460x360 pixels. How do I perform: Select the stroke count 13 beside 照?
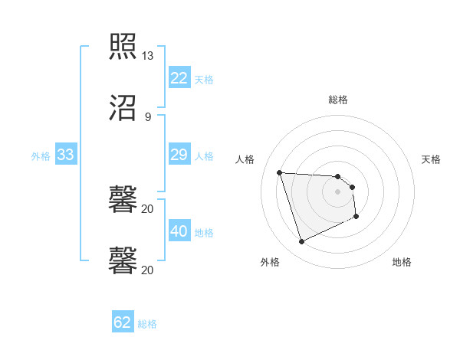pos(148,56)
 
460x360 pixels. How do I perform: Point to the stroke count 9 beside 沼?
pos(148,116)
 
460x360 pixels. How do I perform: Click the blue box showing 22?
pos(179,77)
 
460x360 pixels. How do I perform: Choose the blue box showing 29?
pos(179,155)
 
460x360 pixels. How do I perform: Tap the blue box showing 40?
pos(179,231)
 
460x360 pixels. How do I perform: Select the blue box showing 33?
pos(65,155)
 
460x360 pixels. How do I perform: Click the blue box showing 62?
pos(123,322)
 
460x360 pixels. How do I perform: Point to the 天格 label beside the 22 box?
pos(203,79)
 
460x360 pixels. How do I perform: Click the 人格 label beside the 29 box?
pos(203,156)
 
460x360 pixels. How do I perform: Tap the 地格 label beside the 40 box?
pos(203,232)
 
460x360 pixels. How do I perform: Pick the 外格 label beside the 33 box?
pos(41,156)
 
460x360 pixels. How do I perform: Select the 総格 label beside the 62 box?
pos(147,323)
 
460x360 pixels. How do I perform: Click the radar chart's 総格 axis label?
pos(338,100)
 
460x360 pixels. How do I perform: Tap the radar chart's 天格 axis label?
pos(431,159)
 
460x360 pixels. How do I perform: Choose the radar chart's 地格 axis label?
pos(402,262)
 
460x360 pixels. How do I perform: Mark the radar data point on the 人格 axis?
pos(280,172)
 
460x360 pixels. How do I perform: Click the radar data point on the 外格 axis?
pos(301,242)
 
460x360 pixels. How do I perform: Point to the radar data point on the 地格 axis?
pos(356,217)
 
